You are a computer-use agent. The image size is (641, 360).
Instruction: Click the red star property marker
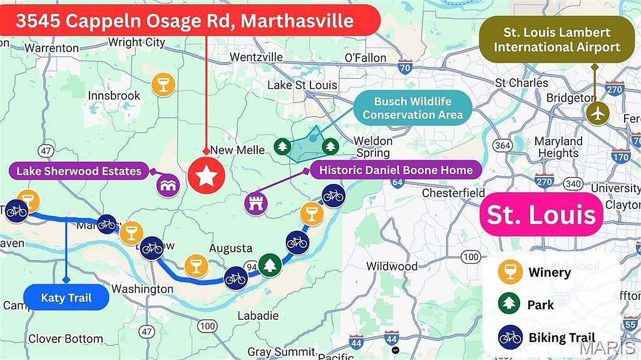(x=207, y=177)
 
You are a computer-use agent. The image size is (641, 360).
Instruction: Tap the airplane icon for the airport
(x=598, y=113)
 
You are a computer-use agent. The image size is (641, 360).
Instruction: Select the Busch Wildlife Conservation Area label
(x=413, y=108)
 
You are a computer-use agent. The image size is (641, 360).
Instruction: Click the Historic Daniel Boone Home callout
(x=396, y=170)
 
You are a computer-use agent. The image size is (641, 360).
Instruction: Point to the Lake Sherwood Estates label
(x=79, y=171)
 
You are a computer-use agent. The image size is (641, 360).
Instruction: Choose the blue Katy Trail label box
(x=66, y=298)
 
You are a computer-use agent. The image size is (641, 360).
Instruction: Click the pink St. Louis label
(x=541, y=214)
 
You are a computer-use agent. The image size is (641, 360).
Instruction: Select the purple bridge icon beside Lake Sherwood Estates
(x=168, y=185)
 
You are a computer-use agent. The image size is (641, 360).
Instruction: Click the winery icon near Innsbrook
(x=163, y=85)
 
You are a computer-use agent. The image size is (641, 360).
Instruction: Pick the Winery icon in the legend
(x=510, y=272)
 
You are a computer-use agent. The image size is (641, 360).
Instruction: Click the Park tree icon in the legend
(x=510, y=305)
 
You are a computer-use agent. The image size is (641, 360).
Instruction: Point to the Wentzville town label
(x=254, y=57)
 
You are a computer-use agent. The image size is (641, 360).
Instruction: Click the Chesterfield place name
(x=453, y=193)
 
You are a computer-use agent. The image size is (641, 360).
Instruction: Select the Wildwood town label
(x=392, y=266)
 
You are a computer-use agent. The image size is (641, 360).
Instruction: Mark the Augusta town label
(x=230, y=249)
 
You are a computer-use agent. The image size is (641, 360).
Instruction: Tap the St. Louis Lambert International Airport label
(x=556, y=40)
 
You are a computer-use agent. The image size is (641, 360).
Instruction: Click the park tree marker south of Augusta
(x=269, y=265)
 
